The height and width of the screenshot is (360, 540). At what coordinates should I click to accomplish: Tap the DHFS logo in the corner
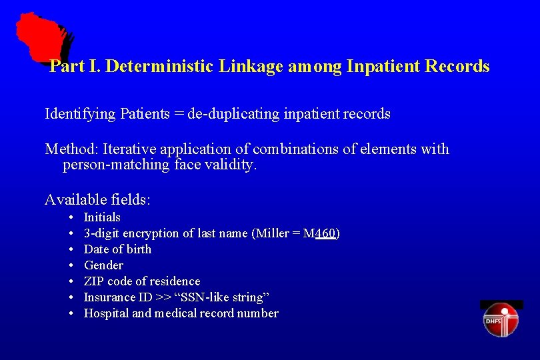[501, 319]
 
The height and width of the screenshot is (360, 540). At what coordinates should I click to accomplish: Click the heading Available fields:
[97, 199]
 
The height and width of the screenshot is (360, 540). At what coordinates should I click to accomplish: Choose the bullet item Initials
[102, 217]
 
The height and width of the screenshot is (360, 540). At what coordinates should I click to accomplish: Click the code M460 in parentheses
[325, 233]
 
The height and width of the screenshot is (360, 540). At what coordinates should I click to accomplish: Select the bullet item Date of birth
[117, 249]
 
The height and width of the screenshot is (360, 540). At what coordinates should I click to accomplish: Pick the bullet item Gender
[103, 265]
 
